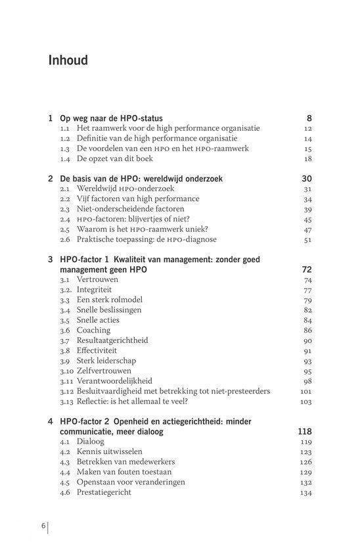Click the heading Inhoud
coord(68,60)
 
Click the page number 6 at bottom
coord(43,526)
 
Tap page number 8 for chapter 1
coord(309,118)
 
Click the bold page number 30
coord(306,179)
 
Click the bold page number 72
coord(306,269)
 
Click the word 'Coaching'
coord(93,330)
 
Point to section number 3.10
coord(66,371)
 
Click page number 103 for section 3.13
coord(305,402)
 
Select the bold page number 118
coord(304,432)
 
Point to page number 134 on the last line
coord(305,492)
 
